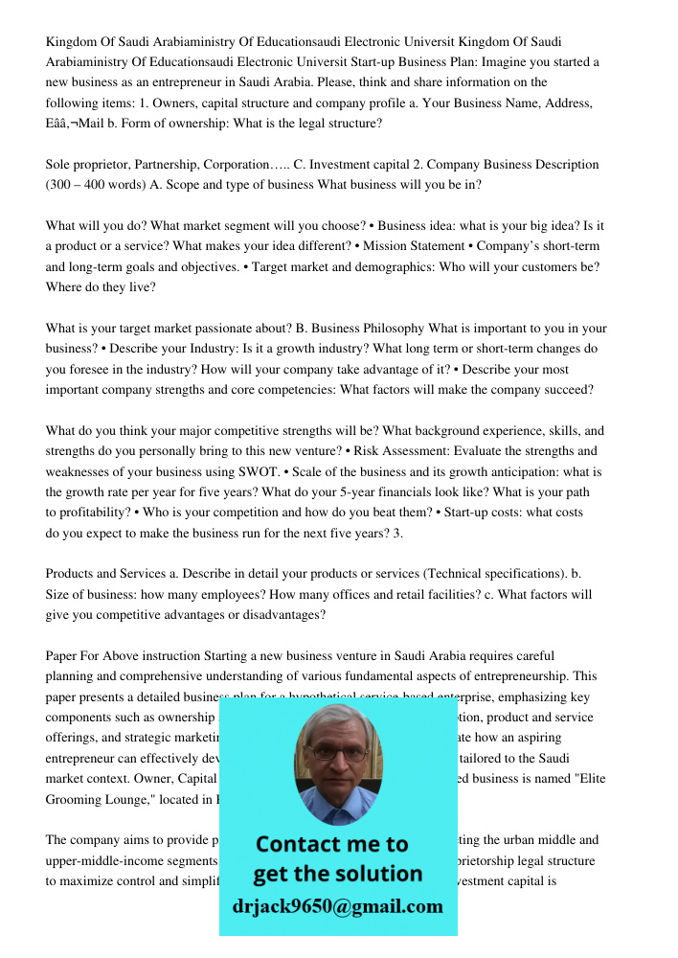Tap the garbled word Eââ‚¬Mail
pyautogui.click(x=76, y=124)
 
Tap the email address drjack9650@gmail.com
pyautogui.click(x=338, y=906)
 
